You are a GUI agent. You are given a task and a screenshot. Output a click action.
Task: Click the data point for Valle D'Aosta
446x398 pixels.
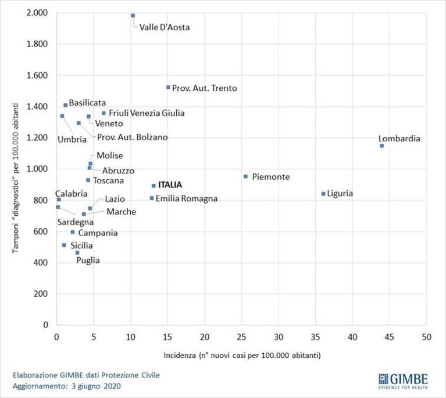pos(133,15)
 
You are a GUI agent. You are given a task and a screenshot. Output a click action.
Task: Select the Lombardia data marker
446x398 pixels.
pos(381,146)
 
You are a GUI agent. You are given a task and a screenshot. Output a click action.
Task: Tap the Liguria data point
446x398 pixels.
pos(323,194)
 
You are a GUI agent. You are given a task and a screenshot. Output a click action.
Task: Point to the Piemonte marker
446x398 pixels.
pos(246,176)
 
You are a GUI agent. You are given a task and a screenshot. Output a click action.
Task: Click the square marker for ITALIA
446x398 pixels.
pos(154,186)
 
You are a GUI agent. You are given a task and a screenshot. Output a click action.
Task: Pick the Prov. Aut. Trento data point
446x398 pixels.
pos(168,87)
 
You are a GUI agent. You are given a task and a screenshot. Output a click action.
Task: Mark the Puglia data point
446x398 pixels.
pos(77,253)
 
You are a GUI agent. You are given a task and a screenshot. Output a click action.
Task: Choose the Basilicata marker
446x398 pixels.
pos(66,105)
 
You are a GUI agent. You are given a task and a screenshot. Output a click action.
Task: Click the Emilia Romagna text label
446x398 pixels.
pos(187,198)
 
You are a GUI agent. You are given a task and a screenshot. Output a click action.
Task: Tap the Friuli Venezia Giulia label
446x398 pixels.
pos(147,113)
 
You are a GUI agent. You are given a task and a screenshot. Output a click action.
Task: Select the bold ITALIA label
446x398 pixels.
pos(170,185)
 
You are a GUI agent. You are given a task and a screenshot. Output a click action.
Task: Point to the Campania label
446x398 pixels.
pos(98,233)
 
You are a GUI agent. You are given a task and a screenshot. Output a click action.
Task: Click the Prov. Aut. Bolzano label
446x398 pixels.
pos(133,137)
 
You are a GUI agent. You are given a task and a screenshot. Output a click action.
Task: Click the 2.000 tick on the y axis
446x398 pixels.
pos(37,13)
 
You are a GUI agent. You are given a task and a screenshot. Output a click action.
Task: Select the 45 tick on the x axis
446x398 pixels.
pos(390,337)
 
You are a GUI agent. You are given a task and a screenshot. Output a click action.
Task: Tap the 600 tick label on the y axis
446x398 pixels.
pos(41,231)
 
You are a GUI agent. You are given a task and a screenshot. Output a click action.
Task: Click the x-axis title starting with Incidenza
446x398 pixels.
pos(242,356)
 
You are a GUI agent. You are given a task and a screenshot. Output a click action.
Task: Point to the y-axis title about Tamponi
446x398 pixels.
pos(16,178)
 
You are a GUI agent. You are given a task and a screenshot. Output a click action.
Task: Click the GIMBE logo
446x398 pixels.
pos(403,381)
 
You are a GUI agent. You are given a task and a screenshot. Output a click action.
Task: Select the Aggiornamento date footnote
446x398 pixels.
pos(67,386)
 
